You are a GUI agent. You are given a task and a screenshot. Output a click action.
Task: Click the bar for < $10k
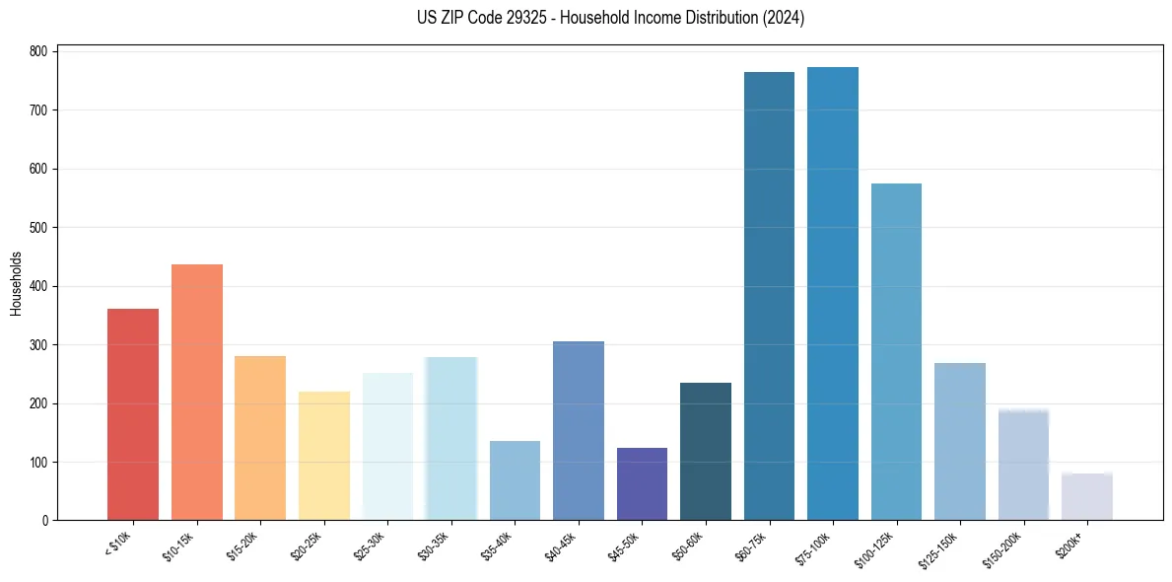pyautogui.click(x=133, y=414)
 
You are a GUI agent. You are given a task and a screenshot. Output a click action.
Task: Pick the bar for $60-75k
pyautogui.click(x=769, y=296)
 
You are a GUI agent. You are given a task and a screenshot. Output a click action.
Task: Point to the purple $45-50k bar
pyautogui.click(x=642, y=483)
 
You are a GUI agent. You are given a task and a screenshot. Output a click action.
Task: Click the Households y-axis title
pyautogui.click(x=16, y=284)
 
